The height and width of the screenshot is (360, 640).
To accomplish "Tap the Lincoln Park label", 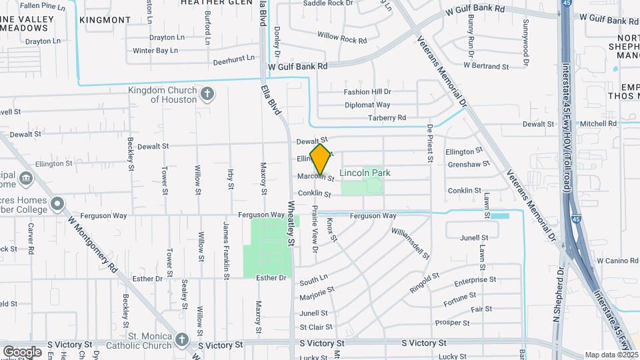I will [x=365, y=173].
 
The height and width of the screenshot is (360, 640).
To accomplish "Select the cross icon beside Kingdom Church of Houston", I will [x=207, y=93].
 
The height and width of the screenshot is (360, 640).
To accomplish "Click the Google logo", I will [x=22, y=351].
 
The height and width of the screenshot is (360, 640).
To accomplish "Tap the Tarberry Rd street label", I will [x=387, y=118].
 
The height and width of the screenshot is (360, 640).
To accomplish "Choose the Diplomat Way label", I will [x=367, y=105].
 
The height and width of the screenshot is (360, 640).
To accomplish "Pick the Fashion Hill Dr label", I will [x=367, y=92].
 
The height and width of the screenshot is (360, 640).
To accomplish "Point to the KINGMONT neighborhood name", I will [x=105, y=20].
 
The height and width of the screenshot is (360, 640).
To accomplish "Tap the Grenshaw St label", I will [x=465, y=164].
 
